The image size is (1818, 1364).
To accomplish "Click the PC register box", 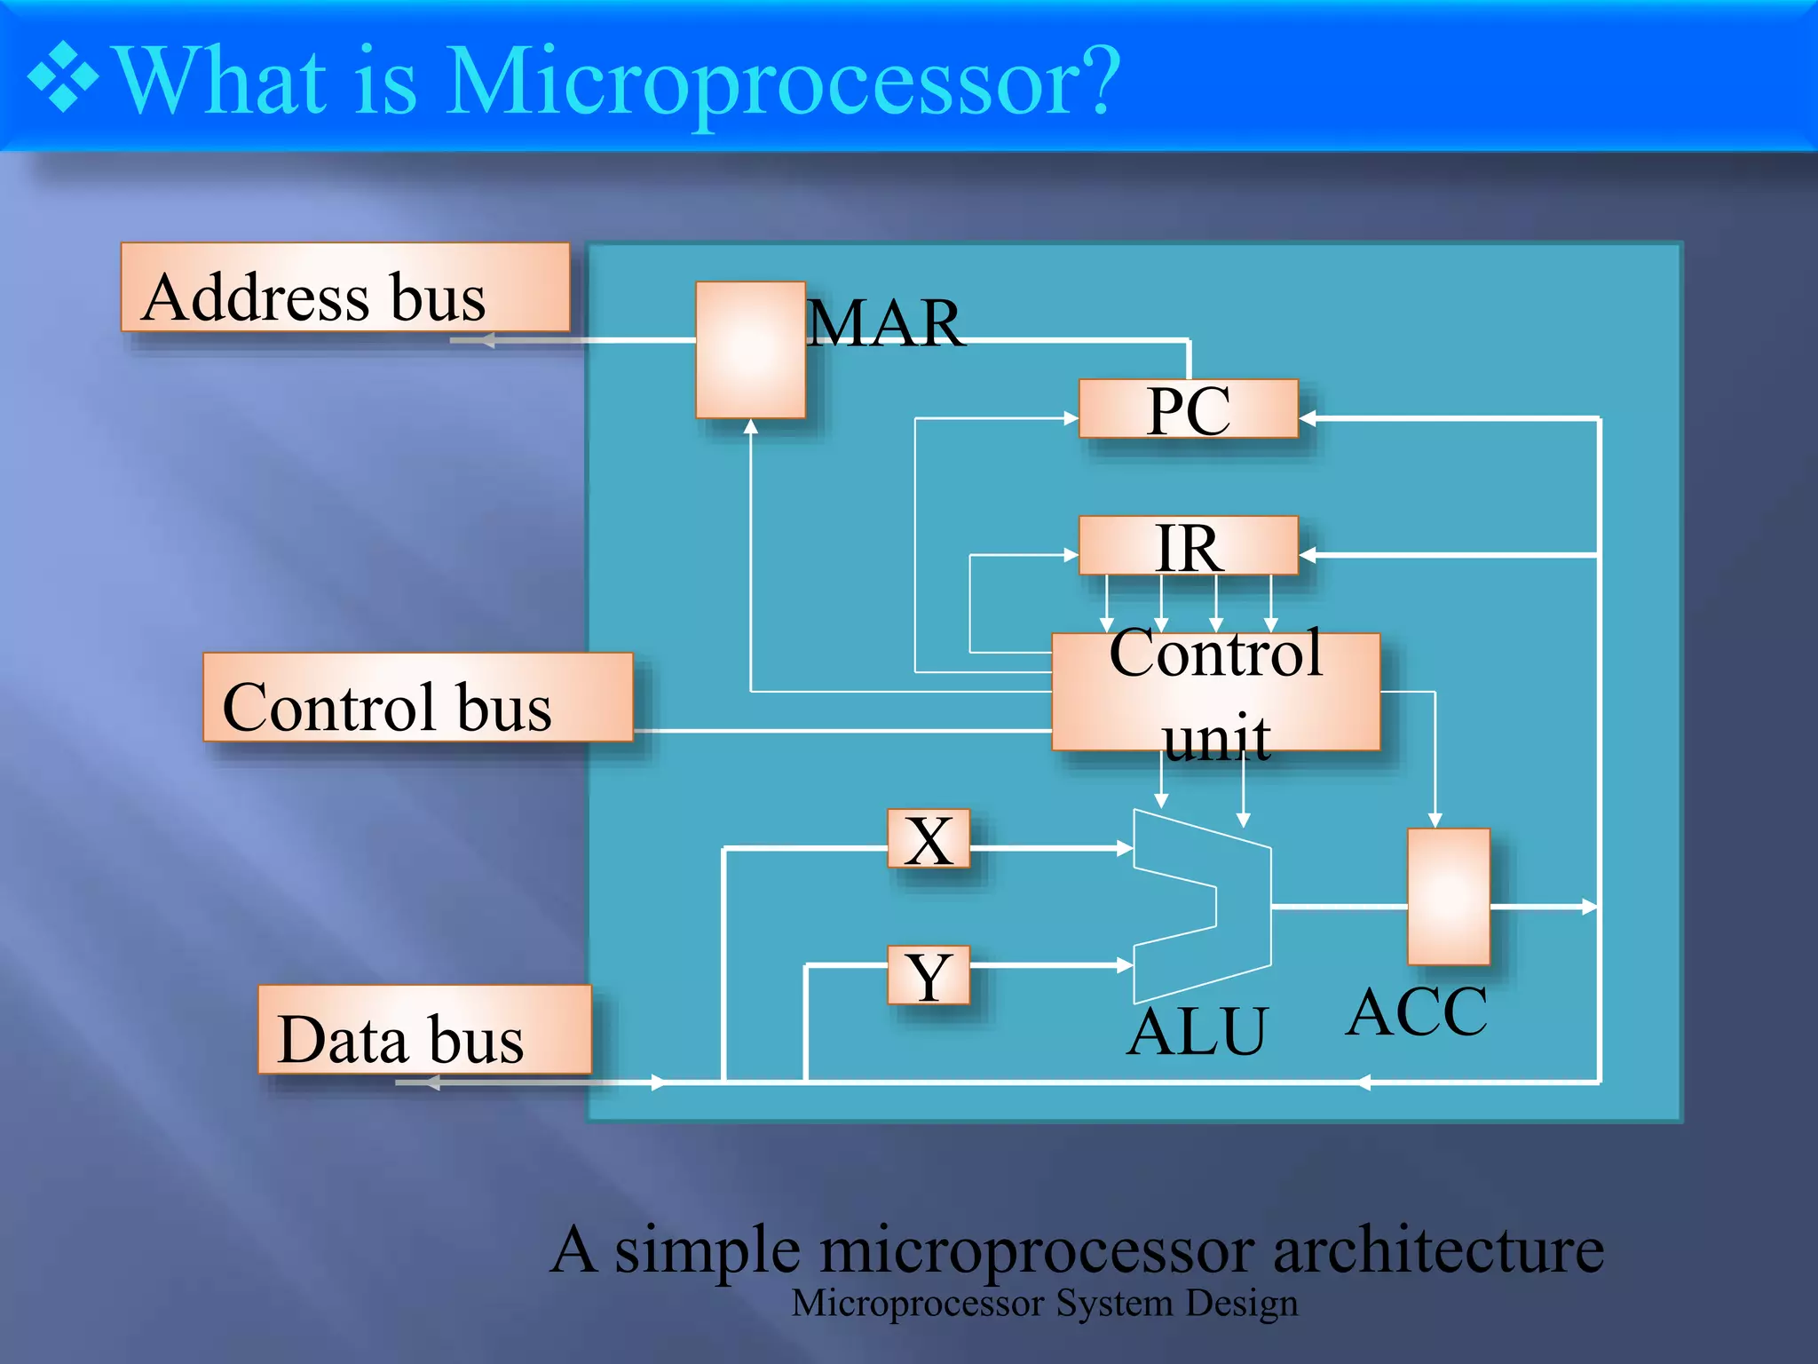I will pos(1188,408).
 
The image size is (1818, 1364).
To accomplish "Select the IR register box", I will pos(1188,545).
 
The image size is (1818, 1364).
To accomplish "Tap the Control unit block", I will pos(1215,692).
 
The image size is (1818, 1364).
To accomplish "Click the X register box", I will pos(929,838).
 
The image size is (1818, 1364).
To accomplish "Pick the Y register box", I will pos(929,975).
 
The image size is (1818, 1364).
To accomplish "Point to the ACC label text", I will pos(1417,1012).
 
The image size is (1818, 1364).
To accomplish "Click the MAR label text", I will pos(885,323).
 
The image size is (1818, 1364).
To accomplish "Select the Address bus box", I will pos(345,288).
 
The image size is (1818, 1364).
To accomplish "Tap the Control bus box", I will pos(417,697).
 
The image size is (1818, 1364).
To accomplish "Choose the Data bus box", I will pos(424,1029).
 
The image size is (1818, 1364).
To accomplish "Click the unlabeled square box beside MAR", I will pos(750,350).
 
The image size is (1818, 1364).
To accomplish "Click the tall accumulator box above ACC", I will pos(1448,896).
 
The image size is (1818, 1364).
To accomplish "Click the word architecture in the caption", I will pos(1438,1249).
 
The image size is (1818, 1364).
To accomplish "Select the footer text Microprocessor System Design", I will pos(1044,1304).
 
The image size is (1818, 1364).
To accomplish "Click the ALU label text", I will pos(1198,1032).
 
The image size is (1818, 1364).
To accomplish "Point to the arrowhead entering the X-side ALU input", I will pos(1126,849).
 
